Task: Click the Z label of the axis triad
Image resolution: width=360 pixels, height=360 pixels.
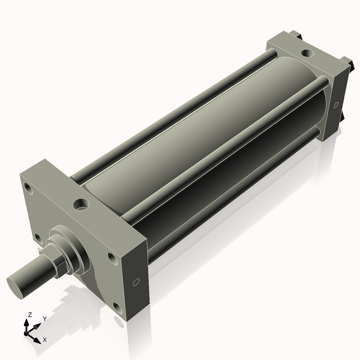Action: tap(30, 314)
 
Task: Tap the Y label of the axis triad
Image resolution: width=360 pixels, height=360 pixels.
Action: tap(44, 319)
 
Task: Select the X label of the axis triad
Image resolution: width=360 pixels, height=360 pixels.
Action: tap(44, 340)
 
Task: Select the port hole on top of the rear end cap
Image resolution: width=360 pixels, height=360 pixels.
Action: tap(307, 53)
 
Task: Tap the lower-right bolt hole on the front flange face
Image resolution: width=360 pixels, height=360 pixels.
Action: tap(117, 308)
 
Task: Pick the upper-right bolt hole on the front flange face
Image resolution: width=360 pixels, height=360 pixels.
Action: tap(112, 258)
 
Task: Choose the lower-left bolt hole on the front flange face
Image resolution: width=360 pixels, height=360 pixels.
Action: tap(37, 238)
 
